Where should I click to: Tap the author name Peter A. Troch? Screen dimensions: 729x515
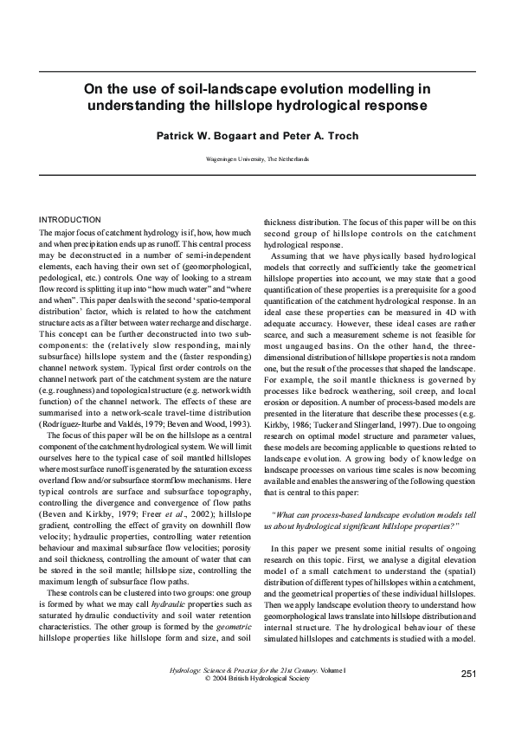(x=311, y=137)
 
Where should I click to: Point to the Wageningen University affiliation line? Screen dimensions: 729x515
(x=257, y=160)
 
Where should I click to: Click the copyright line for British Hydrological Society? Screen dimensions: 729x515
(x=257, y=680)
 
